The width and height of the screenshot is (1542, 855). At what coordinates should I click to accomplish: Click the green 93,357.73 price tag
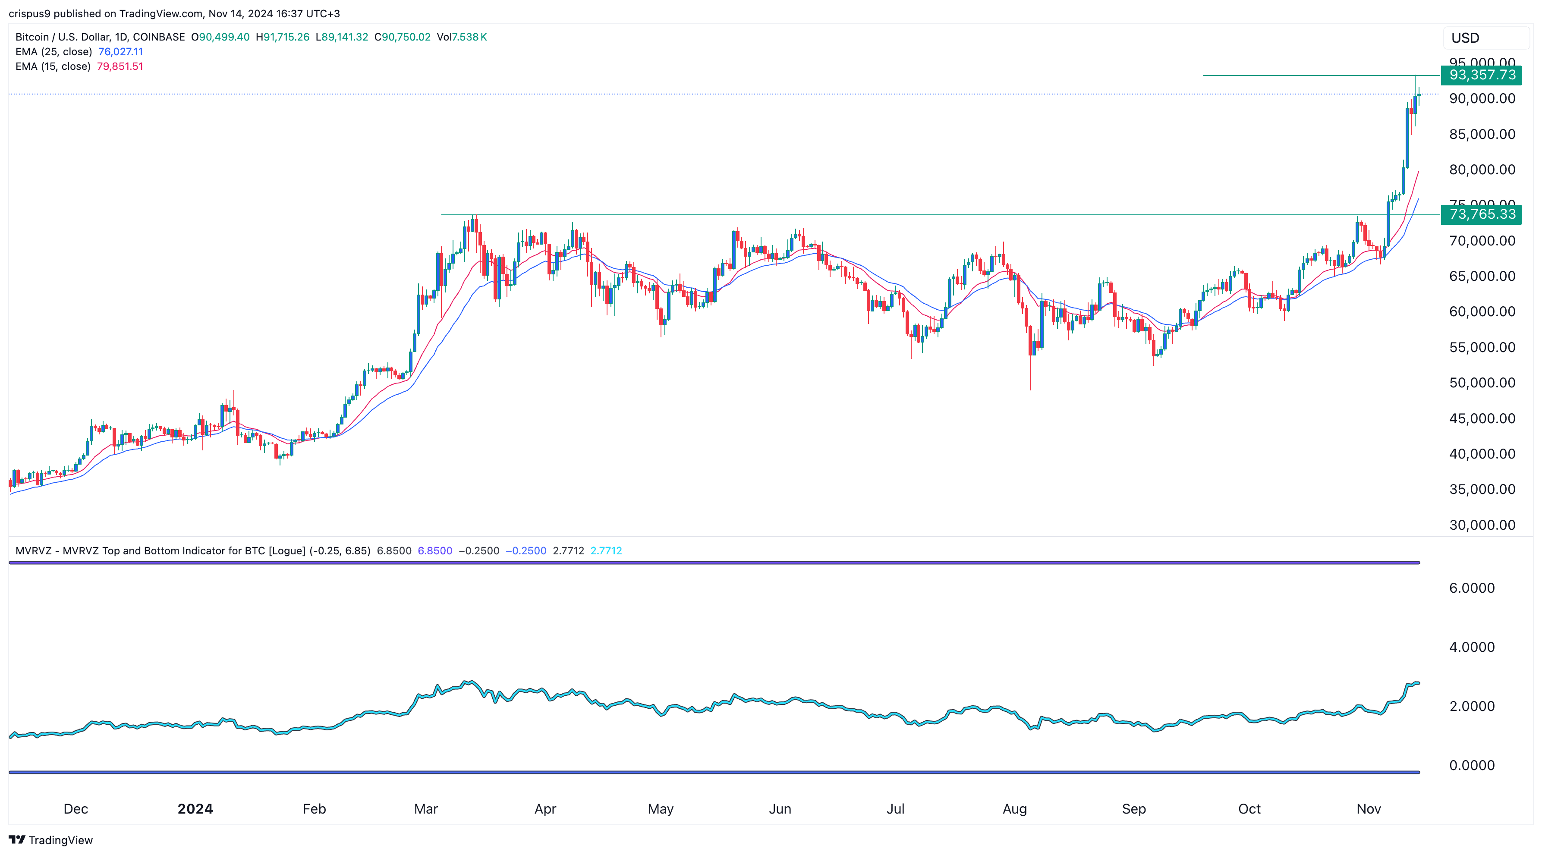point(1482,75)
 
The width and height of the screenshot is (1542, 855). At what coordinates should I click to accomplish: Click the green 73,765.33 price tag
point(1482,214)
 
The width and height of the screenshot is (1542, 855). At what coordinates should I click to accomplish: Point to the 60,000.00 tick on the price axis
point(1482,312)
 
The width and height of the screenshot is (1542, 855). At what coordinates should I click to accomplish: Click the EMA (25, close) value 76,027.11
point(120,51)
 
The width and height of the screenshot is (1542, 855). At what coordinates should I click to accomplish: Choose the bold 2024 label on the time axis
point(195,809)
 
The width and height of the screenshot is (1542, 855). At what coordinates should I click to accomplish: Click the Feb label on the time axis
point(314,809)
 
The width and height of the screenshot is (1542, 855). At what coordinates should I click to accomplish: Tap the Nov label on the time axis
point(1369,809)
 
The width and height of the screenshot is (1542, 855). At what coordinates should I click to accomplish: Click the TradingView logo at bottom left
point(51,840)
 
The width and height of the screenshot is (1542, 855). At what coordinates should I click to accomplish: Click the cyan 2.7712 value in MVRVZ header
point(606,550)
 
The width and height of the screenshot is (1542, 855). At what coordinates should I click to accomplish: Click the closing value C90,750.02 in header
point(402,37)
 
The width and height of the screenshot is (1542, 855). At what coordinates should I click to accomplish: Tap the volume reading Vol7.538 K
point(462,37)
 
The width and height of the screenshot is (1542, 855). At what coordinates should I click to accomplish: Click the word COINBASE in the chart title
point(159,37)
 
